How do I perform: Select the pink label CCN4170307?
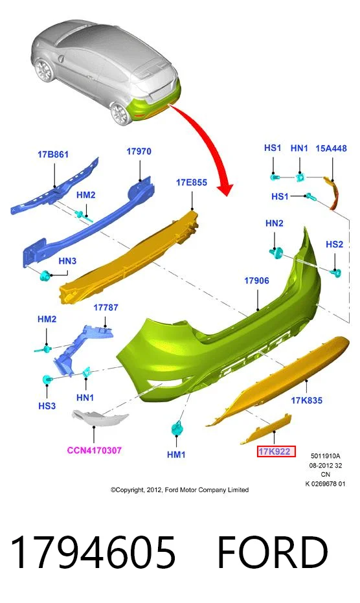point(95,450)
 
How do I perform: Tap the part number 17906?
point(256,280)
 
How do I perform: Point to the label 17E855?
point(192,182)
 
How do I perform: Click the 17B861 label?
point(53,155)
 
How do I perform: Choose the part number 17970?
point(139,152)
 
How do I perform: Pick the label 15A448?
point(331,148)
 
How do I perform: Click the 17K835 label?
point(306,400)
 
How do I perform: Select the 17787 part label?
point(106,308)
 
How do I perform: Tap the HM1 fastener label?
point(176,455)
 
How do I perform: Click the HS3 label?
point(47,406)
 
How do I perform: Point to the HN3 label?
point(67,261)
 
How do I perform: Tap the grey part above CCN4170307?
point(99,418)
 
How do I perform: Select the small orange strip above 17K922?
point(266,428)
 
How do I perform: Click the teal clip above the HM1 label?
point(177,428)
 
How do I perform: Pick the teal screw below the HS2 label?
point(336,273)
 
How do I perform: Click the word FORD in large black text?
point(273,552)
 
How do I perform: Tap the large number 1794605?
point(93,552)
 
